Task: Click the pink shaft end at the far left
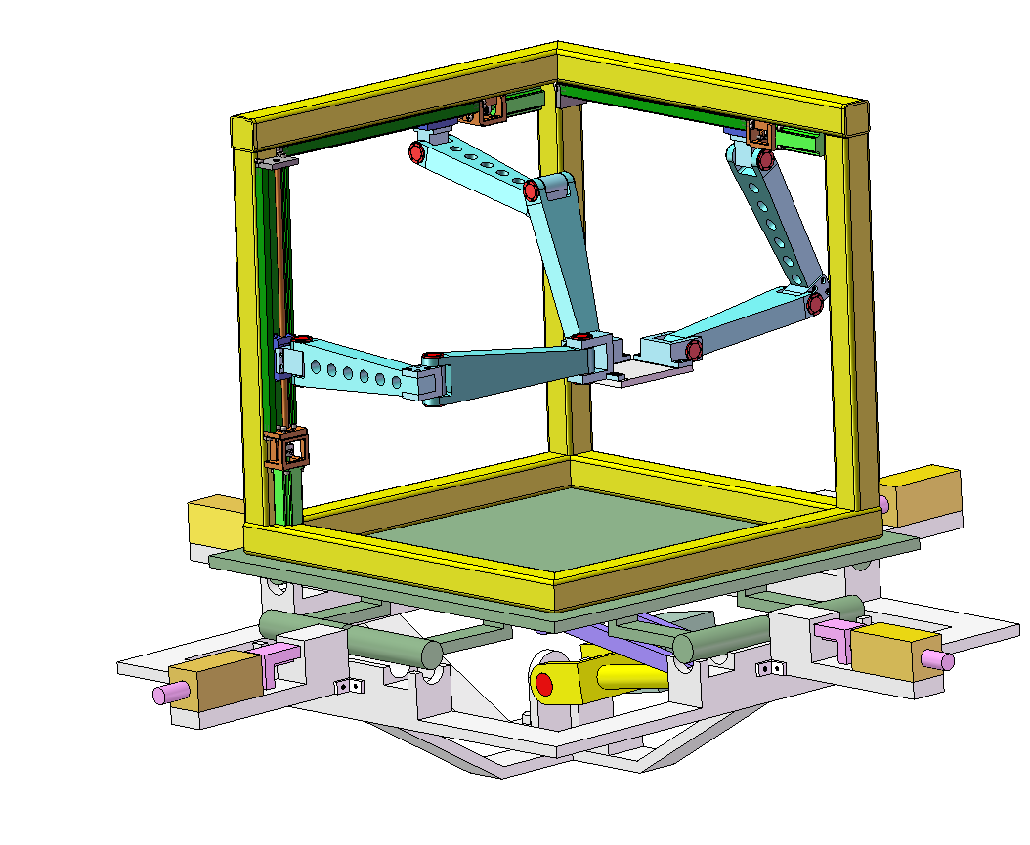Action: tap(160, 696)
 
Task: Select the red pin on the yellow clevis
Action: tap(544, 684)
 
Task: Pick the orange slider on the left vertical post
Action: tap(286, 449)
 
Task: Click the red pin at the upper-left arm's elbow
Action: tap(532, 190)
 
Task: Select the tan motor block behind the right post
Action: tap(923, 496)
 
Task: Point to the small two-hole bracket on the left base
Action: tap(345, 686)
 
